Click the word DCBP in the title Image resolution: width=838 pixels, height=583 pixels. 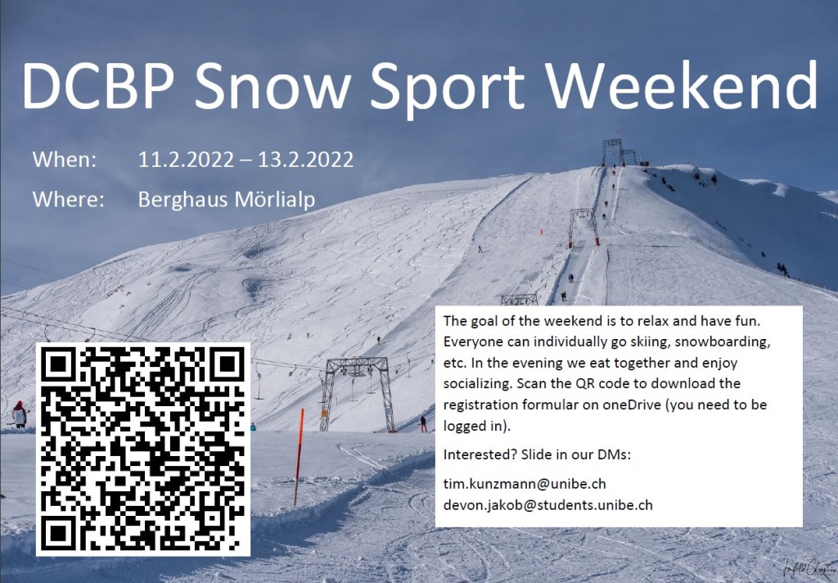coord(99,86)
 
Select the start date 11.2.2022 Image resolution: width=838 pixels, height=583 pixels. coord(186,160)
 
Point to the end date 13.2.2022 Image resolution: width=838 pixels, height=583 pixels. coord(306,160)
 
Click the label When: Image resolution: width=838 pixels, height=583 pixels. coord(65,160)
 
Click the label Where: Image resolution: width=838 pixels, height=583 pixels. coord(69,199)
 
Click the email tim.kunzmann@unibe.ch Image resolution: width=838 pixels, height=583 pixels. coord(525,484)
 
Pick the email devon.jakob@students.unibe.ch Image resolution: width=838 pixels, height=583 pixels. coord(548,505)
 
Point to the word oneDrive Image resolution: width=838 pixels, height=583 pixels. coord(632,404)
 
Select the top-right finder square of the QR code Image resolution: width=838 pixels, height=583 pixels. coord(228,364)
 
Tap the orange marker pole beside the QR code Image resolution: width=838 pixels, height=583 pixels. coord(299,457)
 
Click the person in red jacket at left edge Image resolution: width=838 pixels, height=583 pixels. coord(20,414)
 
